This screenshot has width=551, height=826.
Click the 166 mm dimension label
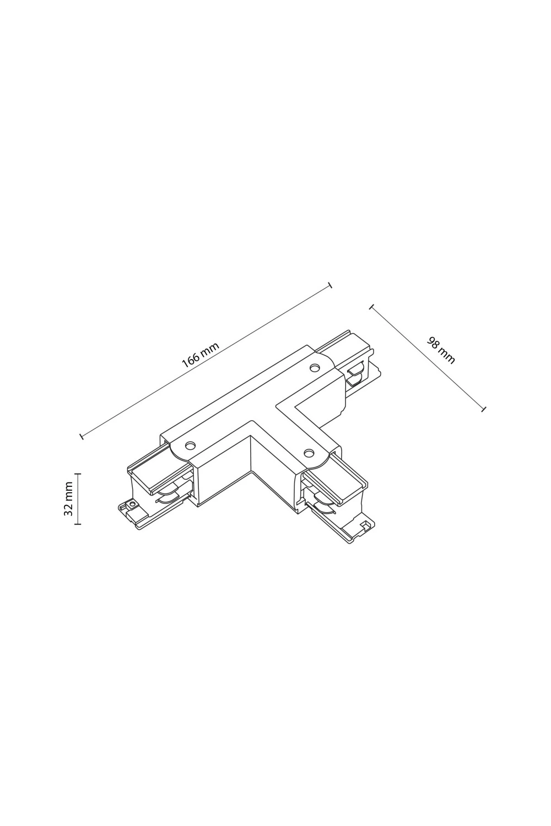(x=201, y=355)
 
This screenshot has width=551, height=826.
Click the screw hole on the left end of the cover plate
(x=191, y=445)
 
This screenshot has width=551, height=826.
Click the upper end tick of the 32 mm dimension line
(x=77, y=474)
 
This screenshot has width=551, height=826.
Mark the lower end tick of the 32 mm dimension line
(x=77, y=523)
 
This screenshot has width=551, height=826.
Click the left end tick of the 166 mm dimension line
(x=82, y=436)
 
